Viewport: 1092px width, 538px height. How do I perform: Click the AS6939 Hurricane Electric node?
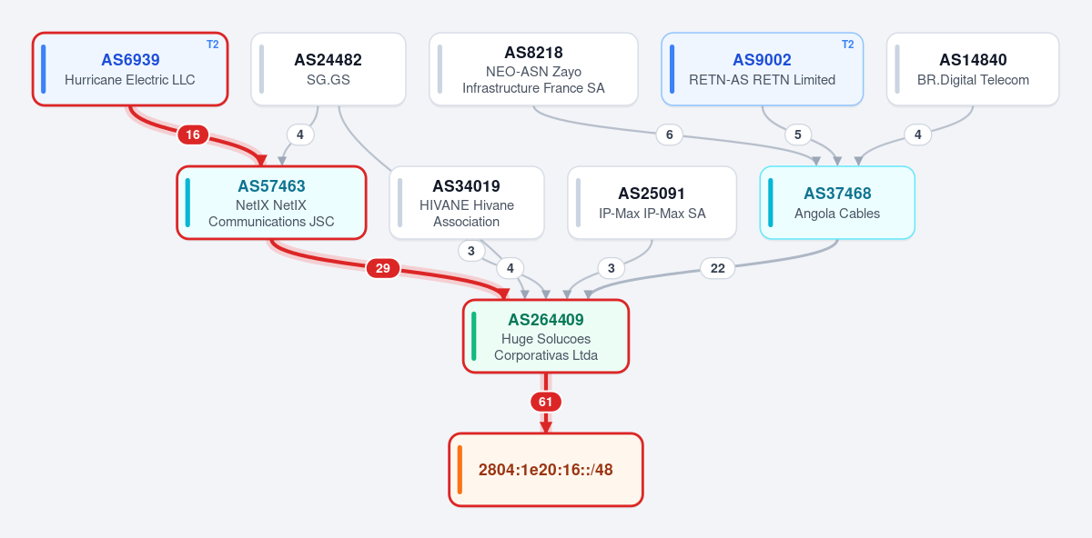point(130,69)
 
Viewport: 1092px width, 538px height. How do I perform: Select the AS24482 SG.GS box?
point(329,69)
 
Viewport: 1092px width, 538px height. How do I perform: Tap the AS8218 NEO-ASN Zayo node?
point(533,69)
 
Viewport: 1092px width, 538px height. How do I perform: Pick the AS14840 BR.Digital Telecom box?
point(973,69)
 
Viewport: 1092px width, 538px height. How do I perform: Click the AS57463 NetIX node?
point(271,203)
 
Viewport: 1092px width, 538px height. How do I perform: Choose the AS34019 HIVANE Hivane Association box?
point(467,203)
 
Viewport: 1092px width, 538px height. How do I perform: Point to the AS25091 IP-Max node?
point(652,203)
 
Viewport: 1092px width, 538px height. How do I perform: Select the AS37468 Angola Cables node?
point(837,203)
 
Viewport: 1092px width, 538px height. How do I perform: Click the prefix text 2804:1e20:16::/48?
point(545,470)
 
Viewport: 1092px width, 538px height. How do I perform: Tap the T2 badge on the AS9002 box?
point(848,45)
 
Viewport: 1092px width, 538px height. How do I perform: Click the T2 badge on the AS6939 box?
point(213,45)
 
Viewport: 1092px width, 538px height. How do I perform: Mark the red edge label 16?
point(193,134)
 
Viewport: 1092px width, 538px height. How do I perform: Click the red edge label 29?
point(383,268)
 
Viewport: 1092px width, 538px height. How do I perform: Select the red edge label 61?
point(545,402)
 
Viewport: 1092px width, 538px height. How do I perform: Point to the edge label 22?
point(718,268)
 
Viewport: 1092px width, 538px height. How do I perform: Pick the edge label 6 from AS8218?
point(670,134)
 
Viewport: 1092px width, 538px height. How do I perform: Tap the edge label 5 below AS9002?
point(797,134)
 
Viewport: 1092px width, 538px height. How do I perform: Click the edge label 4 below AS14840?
point(918,134)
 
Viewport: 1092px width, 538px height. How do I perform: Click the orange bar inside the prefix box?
point(460,470)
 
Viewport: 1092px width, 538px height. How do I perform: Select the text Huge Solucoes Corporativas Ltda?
point(546,347)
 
